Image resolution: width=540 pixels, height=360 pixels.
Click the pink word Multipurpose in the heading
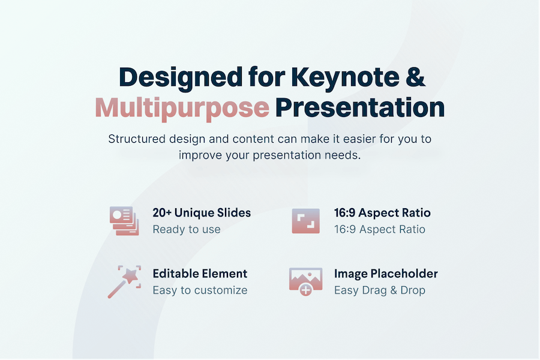[182, 109]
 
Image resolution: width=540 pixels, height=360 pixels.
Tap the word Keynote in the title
[346, 77]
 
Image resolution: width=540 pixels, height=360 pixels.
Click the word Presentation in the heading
[360, 107]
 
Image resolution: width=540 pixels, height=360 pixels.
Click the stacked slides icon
[124, 221]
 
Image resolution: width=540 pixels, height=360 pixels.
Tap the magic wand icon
[124, 281]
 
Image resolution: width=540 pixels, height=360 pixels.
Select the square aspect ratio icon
[306, 221]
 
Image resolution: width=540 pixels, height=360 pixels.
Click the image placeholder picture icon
[306, 281]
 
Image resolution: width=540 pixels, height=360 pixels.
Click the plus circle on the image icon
[306, 290]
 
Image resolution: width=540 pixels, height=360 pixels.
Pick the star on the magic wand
[131, 275]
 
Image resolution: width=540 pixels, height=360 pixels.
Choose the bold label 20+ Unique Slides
[202, 213]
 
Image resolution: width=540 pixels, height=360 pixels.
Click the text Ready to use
[187, 229]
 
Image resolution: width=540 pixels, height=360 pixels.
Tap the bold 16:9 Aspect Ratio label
[382, 213]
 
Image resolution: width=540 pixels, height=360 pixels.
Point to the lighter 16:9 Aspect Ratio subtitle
[380, 229]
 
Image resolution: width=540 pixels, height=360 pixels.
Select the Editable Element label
[200, 274]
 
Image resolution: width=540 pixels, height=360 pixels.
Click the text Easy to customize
[200, 290]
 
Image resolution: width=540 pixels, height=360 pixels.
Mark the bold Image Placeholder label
[386, 274]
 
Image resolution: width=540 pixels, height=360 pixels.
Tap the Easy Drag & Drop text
[380, 290]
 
